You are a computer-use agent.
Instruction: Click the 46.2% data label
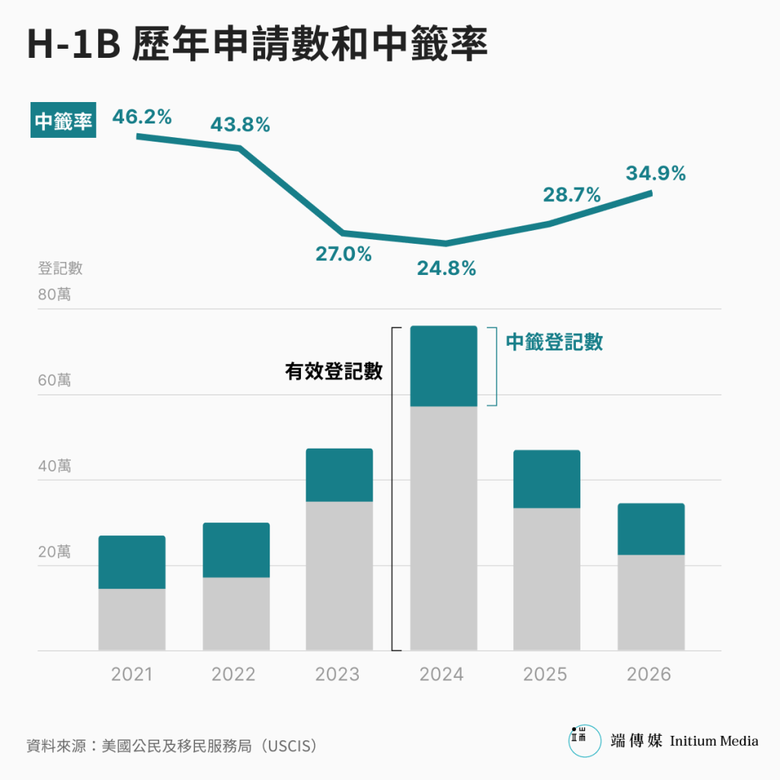[x=142, y=117]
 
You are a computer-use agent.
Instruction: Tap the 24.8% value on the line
[x=446, y=268]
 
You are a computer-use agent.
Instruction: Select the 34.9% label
[x=656, y=174]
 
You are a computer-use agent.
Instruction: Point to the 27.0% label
[x=344, y=254]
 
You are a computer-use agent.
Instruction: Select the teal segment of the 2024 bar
[x=443, y=366]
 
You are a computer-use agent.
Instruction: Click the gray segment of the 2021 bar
[x=132, y=619]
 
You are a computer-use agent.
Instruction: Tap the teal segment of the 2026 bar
[x=651, y=529]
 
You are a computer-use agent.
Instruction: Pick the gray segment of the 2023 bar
[x=339, y=576]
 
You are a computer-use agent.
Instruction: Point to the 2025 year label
[x=545, y=674]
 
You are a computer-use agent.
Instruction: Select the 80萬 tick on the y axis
[x=54, y=294]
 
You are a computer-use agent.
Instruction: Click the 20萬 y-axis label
[x=54, y=551]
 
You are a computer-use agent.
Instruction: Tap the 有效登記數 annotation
[x=334, y=372]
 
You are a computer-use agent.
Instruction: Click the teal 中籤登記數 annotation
[x=554, y=342]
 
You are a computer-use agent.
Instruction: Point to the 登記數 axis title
[x=60, y=268]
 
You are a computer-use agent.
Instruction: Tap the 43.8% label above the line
[x=240, y=125]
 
